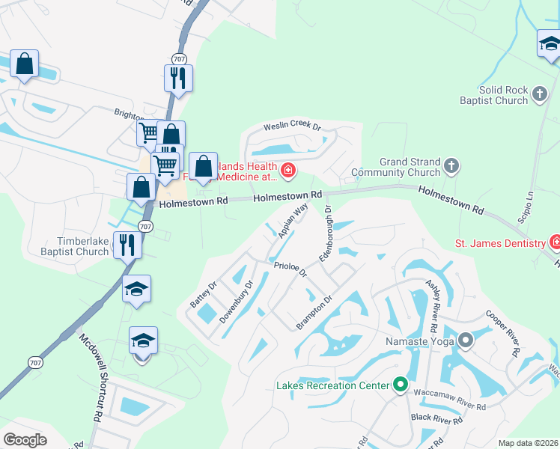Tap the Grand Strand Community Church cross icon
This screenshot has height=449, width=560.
click(451, 165)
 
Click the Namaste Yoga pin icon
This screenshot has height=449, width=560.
click(466, 341)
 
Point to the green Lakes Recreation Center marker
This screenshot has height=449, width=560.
click(401, 385)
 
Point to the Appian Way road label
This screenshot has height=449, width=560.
click(293, 223)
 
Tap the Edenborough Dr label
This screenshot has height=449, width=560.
click(326, 233)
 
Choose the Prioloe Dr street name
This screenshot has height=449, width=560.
click(290, 269)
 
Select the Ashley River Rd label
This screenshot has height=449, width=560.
click(432, 307)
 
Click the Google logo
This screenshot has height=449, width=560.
click(25, 439)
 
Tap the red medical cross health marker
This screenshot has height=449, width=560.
click(287, 172)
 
